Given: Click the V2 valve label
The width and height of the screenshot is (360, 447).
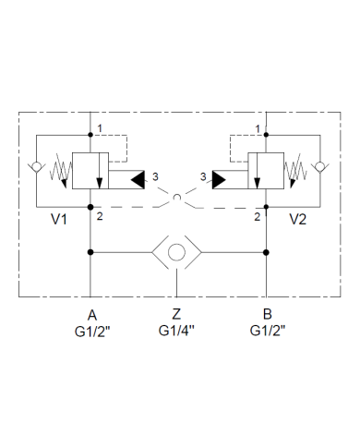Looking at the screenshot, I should pyautogui.click(x=297, y=220).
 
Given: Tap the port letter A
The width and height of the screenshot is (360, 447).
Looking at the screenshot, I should pyautogui.click(x=91, y=315).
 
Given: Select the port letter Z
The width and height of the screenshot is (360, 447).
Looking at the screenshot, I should pyautogui.click(x=177, y=315).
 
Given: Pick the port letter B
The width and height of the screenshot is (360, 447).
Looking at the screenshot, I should pyautogui.click(x=267, y=315).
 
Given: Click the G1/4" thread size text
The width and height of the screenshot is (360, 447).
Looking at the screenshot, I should pyautogui.click(x=178, y=331).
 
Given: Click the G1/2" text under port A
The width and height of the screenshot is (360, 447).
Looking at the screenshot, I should pyautogui.click(x=91, y=331).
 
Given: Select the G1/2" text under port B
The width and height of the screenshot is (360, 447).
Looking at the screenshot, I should pyautogui.click(x=267, y=331).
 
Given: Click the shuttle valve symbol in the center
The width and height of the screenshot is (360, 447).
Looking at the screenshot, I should pyautogui.click(x=178, y=252).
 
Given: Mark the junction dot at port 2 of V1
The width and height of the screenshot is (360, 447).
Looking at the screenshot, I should pyautogui.click(x=90, y=207).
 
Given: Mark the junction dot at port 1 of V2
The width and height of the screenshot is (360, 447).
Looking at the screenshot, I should pyautogui.click(x=266, y=135).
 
